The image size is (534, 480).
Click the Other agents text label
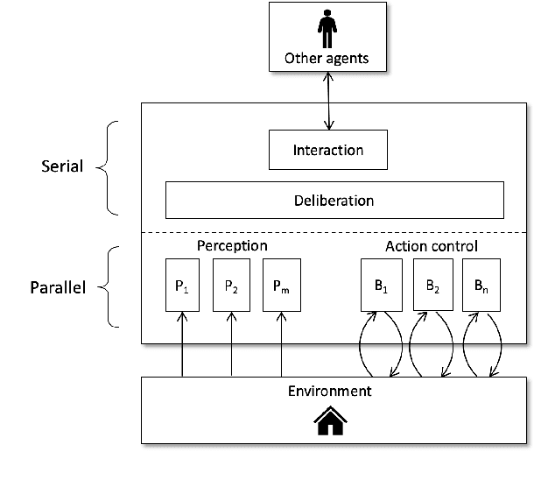tap(327, 60)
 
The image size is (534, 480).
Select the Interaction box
tap(327, 150)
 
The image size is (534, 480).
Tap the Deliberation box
tap(334, 201)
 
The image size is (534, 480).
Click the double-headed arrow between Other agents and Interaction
tap(327, 102)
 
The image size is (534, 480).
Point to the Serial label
tap(61, 166)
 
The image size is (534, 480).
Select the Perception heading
tap(231, 246)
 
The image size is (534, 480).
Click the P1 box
tap(181, 285)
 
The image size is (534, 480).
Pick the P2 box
tap(231, 285)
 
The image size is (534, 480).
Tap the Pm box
tap(281, 285)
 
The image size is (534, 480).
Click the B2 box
tap(432, 285)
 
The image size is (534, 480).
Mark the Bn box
tap(481, 285)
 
